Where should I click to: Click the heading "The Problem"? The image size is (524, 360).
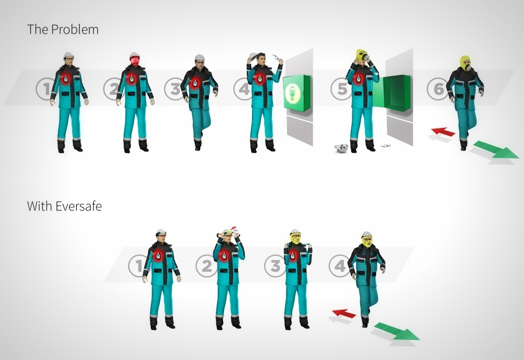[63, 29]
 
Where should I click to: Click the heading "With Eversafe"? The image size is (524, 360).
[64, 206]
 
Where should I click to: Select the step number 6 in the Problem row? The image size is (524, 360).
[438, 89]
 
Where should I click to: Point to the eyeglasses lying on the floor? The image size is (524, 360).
[385, 146]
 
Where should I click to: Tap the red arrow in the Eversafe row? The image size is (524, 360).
[344, 314]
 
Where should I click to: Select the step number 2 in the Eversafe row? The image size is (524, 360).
[207, 266]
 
